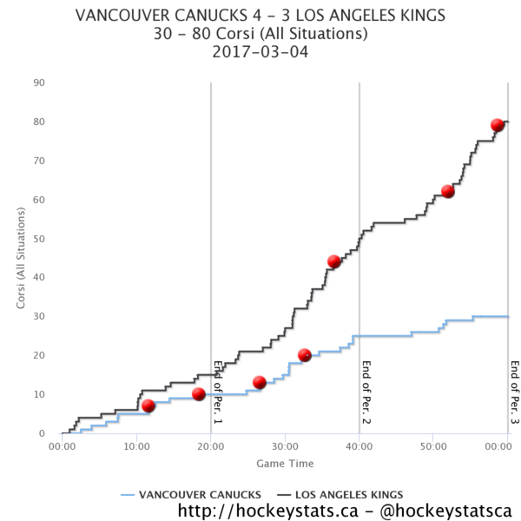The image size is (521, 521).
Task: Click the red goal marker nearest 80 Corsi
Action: click(497, 125)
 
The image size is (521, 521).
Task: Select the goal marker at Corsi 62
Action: click(447, 191)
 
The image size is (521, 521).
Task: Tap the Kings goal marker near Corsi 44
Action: click(333, 261)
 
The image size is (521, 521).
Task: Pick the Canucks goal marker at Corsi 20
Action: click(305, 355)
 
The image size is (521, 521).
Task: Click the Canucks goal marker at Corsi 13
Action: click(259, 382)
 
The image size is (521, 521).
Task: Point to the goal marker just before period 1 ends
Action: click(198, 394)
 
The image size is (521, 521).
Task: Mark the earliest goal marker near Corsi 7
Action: click(148, 406)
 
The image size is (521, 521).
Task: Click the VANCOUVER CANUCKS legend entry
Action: click(191, 495)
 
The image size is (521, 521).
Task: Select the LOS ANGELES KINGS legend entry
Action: click(340, 495)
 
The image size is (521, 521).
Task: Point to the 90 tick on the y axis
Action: click(39, 82)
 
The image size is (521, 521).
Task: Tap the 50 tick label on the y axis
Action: click(39, 239)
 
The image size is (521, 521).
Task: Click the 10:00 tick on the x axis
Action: click(136, 446)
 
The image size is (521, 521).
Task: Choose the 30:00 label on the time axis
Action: click(285, 446)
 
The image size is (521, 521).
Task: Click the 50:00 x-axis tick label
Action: click(433, 446)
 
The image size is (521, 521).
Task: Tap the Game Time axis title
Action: click(285, 464)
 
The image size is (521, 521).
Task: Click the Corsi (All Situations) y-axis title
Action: click(21, 258)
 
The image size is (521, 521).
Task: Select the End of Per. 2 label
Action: click(366, 392)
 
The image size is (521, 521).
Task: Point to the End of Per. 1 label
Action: click(218, 392)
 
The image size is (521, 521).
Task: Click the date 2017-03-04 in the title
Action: click(260, 52)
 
